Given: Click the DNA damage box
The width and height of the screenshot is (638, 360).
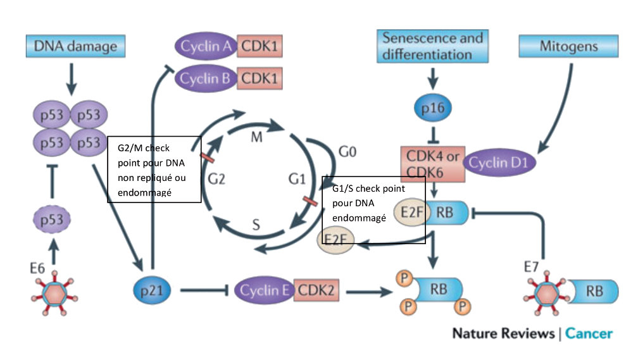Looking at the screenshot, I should [75, 46].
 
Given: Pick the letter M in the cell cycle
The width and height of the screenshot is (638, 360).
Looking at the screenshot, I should [257, 137].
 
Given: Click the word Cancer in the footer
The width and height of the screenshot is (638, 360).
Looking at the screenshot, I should [589, 333].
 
